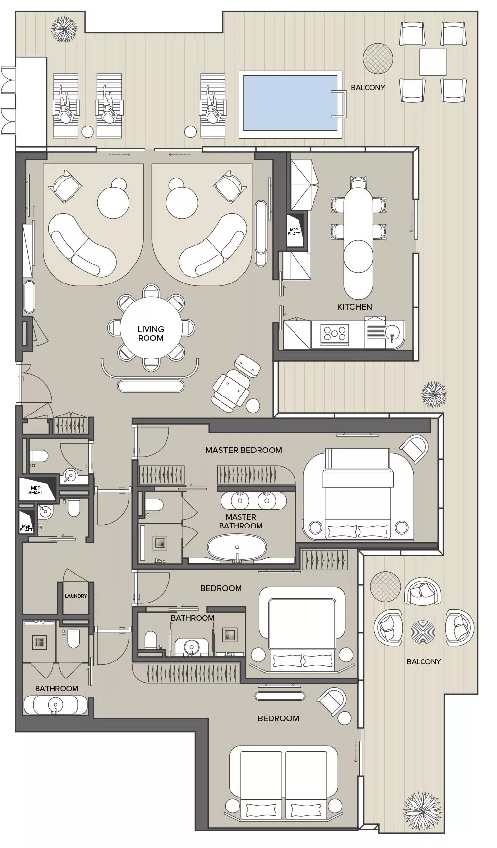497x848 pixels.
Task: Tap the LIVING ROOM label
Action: (150, 334)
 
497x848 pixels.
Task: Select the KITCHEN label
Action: (354, 307)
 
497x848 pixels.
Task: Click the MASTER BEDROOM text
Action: (243, 450)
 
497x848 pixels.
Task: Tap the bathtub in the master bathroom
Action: (237, 547)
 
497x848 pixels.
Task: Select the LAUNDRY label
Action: (76, 596)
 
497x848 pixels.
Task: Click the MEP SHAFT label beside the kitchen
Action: (294, 232)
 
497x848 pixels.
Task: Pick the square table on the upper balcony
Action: (433, 62)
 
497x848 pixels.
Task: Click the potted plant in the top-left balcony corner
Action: (64, 30)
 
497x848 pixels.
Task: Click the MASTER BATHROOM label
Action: (240, 522)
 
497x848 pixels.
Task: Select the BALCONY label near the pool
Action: (368, 88)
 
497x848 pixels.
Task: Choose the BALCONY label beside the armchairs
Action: (423, 661)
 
